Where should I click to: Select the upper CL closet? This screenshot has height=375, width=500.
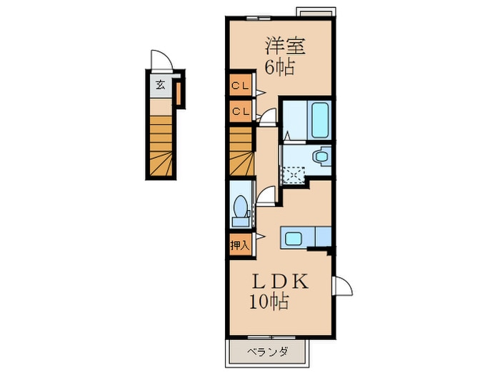[239, 87]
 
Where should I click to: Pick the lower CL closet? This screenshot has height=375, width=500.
[239, 111]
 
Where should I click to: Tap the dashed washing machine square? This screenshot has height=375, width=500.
[294, 174]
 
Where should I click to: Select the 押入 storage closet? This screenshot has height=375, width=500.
[239, 245]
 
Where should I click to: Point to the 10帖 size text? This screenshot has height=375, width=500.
[269, 302]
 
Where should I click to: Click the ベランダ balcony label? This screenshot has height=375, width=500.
[268, 351]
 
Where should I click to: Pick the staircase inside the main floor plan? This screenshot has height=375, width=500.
[241, 151]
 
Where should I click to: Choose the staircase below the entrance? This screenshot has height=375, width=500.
[161, 146]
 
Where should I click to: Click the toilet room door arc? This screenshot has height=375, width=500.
[266, 195]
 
